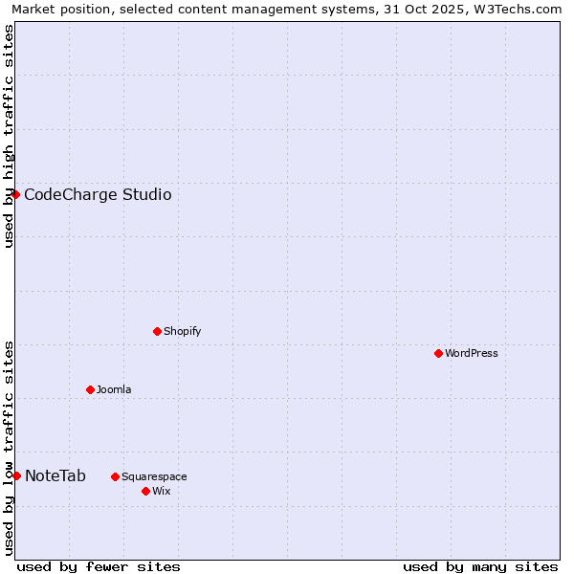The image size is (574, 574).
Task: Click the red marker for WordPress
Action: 438,353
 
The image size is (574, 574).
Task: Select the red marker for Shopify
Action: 157,331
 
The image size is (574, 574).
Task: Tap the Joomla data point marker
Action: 90,389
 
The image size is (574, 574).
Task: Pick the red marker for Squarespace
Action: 115,476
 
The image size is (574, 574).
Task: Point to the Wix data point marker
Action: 145,491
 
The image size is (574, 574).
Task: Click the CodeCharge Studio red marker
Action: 15,194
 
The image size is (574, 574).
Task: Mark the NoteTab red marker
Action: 16,475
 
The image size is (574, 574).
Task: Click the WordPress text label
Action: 471,353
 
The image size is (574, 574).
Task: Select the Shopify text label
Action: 182,331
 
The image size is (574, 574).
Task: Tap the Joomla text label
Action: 114,389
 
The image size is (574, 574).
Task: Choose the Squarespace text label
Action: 154,476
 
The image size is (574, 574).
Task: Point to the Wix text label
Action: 161,491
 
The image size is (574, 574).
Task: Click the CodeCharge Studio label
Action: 98,195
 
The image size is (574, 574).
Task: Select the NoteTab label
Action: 55,476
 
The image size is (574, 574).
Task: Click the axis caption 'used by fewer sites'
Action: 99,566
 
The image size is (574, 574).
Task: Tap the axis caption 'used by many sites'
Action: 480,566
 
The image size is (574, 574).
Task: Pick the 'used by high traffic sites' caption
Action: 9,135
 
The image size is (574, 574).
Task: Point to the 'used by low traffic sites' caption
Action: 9,447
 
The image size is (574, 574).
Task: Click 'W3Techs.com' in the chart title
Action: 523,9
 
